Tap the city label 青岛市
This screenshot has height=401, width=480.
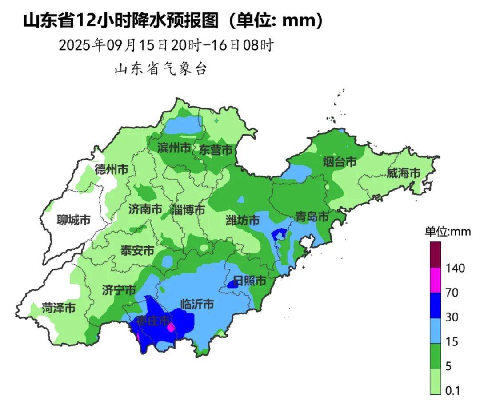click(x=312, y=217)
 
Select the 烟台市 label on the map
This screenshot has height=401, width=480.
click(x=340, y=162)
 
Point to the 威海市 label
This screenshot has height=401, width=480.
click(x=403, y=173)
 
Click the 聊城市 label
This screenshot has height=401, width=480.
click(x=74, y=220)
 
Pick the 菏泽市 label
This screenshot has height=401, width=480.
click(x=59, y=308)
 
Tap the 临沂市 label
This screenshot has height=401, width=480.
click(x=197, y=305)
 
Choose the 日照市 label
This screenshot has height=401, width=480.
click(x=249, y=281)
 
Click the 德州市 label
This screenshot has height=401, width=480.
click(x=112, y=169)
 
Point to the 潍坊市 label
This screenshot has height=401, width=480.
click(x=243, y=220)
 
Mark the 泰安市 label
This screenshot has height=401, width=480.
click(x=138, y=250)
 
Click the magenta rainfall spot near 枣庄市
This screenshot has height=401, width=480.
click(x=171, y=328)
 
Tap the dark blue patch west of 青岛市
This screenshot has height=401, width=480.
click(x=279, y=233)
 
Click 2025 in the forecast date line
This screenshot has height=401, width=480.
click(x=75, y=45)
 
